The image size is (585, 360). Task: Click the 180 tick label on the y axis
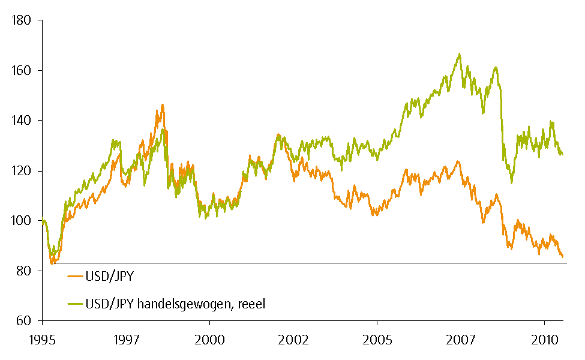(x=21, y=20)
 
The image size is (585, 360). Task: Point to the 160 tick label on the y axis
(x=21, y=71)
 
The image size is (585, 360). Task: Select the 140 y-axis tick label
(x=21, y=121)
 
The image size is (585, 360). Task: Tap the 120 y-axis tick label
(x=21, y=171)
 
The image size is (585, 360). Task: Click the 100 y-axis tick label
(x=21, y=221)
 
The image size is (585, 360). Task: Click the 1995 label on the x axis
(x=43, y=339)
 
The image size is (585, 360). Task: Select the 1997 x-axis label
(x=126, y=339)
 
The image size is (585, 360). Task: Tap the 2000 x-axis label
(x=209, y=339)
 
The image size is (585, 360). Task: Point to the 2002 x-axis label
(x=293, y=339)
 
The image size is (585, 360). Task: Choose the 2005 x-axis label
(x=377, y=339)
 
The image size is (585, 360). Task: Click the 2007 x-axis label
(x=461, y=339)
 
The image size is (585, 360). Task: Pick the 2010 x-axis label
(x=544, y=339)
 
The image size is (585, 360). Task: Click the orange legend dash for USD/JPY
(x=74, y=277)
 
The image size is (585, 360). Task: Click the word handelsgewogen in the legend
(x=183, y=305)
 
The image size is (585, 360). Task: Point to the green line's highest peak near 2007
(x=460, y=55)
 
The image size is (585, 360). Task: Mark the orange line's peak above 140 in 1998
(x=162, y=105)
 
